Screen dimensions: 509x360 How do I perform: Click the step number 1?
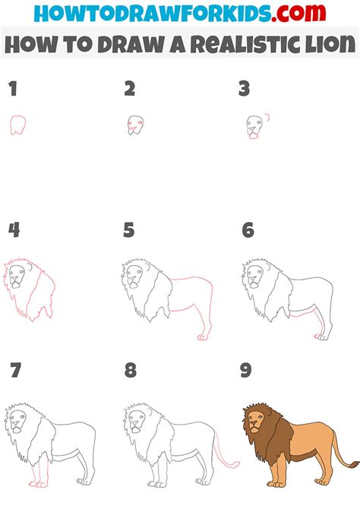[x=12, y=89]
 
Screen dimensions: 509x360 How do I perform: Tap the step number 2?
[x=130, y=89]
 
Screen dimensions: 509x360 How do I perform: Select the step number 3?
[x=244, y=89]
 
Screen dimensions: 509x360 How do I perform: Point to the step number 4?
[x=13, y=230]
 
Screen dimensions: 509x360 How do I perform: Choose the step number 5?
[x=130, y=230]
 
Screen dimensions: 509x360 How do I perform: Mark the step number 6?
[x=247, y=230]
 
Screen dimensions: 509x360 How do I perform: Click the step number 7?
[x=14, y=371]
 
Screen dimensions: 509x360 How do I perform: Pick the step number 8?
[x=131, y=371]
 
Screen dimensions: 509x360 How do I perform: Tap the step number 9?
[x=248, y=371]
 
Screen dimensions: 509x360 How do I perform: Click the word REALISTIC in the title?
[x=243, y=45]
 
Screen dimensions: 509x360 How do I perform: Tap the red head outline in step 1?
[x=18, y=125]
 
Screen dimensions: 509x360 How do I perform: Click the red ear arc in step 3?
[x=267, y=118]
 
